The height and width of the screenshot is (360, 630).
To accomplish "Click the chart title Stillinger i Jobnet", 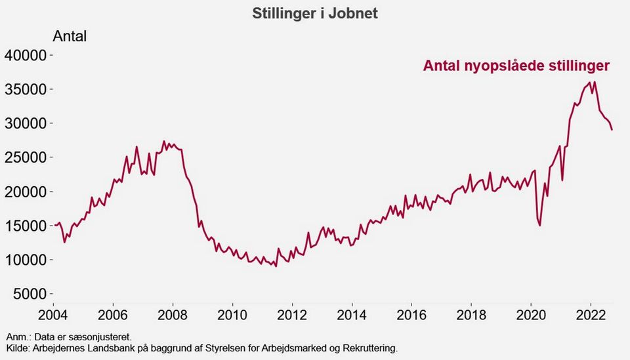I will point(315,13).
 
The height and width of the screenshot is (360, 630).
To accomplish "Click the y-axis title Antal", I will point(70,36).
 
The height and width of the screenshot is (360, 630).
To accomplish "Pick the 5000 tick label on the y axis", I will point(29,294).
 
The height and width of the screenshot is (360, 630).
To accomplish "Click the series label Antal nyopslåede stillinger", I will point(517,66).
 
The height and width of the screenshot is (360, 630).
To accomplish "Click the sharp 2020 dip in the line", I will point(539,226).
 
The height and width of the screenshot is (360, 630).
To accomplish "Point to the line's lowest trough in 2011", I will point(276,266).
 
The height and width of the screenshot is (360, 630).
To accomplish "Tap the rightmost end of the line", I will point(612,130).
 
